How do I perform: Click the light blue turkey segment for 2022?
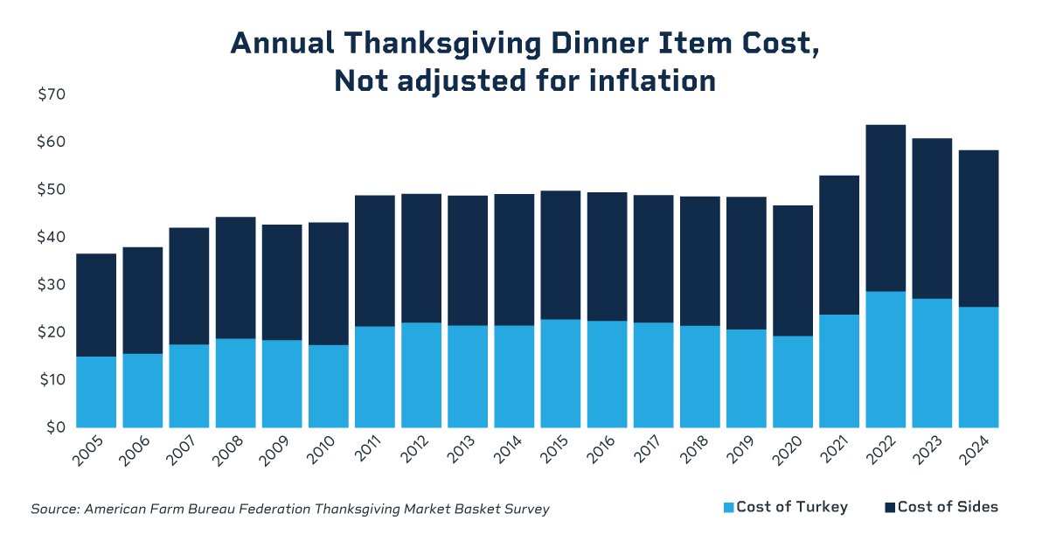pyautogui.click(x=885, y=359)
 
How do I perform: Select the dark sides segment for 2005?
pyautogui.click(x=96, y=305)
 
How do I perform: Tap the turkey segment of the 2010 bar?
pyautogui.click(x=328, y=386)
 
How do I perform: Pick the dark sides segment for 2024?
pyautogui.click(x=977, y=228)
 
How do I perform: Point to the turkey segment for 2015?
pyautogui.click(x=560, y=373)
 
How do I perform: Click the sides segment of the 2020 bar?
pyautogui.click(x=792, y=271)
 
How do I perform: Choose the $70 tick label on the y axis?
pyautogui.click(x=52, y=94)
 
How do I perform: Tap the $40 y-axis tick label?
pyautogui.click(x=52, y=237)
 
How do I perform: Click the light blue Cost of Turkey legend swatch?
pyautogui.click(x=728, y=508)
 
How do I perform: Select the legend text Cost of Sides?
pyautogui.click(x=948, y=507)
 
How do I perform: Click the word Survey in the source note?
pyautogui.click(x=526, y=509)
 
